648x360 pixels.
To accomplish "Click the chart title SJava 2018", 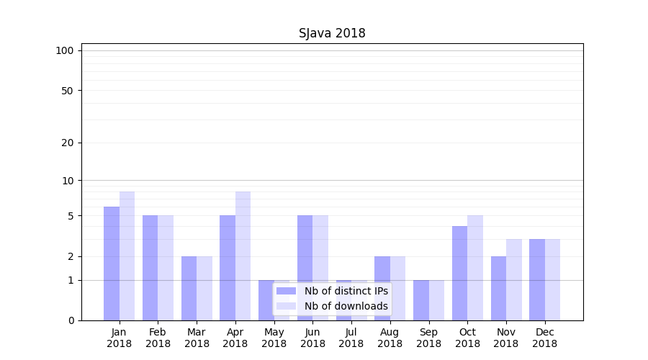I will [x=332, y=34].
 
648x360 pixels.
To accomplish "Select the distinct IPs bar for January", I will [x=112, y=264].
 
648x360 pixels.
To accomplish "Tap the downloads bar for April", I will [x=243, y=256].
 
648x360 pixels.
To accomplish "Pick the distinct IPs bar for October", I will [x=460, y=273].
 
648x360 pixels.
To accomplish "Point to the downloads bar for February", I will [x=166, y=268].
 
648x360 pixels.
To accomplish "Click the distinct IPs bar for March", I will [x=189, y=288].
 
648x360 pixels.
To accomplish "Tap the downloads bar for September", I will [x=436, y=300].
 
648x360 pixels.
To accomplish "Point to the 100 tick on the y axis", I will [x=65, y=50].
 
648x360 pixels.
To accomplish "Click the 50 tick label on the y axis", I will [x=67, y=91].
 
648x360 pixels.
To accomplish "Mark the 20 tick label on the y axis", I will [x=67, y=143].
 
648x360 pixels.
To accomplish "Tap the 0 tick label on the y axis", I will [x=71, y=320].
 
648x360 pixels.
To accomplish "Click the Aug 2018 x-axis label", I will [x=390, y=338].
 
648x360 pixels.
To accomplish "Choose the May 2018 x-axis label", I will [x=274, y=338].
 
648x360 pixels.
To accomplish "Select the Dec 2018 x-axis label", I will [x=544, y=338].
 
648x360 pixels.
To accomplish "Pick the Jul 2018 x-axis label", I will [x=351, y=338].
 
